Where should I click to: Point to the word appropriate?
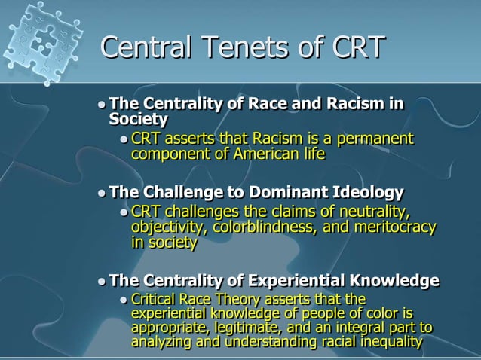point(169,328)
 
